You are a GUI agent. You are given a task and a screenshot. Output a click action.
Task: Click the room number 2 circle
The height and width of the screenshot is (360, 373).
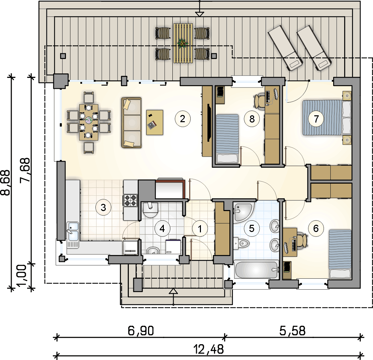[x=182, y=119]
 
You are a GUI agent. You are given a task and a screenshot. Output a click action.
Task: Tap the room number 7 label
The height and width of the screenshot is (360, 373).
[x=316, y=119]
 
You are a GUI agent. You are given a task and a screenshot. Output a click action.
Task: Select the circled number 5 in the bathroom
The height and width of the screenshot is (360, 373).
[x=252, y=228]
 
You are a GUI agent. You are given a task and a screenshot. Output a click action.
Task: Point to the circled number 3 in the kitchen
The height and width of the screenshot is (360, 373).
[x=103, y=207]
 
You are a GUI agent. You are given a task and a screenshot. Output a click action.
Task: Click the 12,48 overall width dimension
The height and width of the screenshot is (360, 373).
[x=208, y=349]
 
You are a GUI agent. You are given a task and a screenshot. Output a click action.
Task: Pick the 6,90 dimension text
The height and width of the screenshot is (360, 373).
[x=141, y=330]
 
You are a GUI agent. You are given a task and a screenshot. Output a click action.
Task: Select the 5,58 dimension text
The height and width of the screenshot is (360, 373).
[x=292, y=330]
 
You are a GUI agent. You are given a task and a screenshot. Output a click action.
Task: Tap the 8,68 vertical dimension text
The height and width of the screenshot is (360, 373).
[x=5, y=183]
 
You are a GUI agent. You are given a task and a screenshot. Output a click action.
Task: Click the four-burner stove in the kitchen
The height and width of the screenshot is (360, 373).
[x=131, y=200]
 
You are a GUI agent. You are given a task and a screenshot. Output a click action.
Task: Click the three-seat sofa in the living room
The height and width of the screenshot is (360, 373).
[x=131, y=123]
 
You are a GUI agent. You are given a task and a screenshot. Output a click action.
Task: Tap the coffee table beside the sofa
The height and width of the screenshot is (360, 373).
[x=155, y=123]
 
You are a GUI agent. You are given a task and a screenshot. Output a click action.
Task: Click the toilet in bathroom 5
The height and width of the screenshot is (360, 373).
[x=241, y=243]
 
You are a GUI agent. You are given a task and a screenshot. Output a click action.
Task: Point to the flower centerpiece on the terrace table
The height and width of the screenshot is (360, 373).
[x=182, y=43]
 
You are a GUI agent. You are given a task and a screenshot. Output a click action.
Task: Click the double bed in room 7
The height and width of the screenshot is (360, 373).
[x=327, y=118]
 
